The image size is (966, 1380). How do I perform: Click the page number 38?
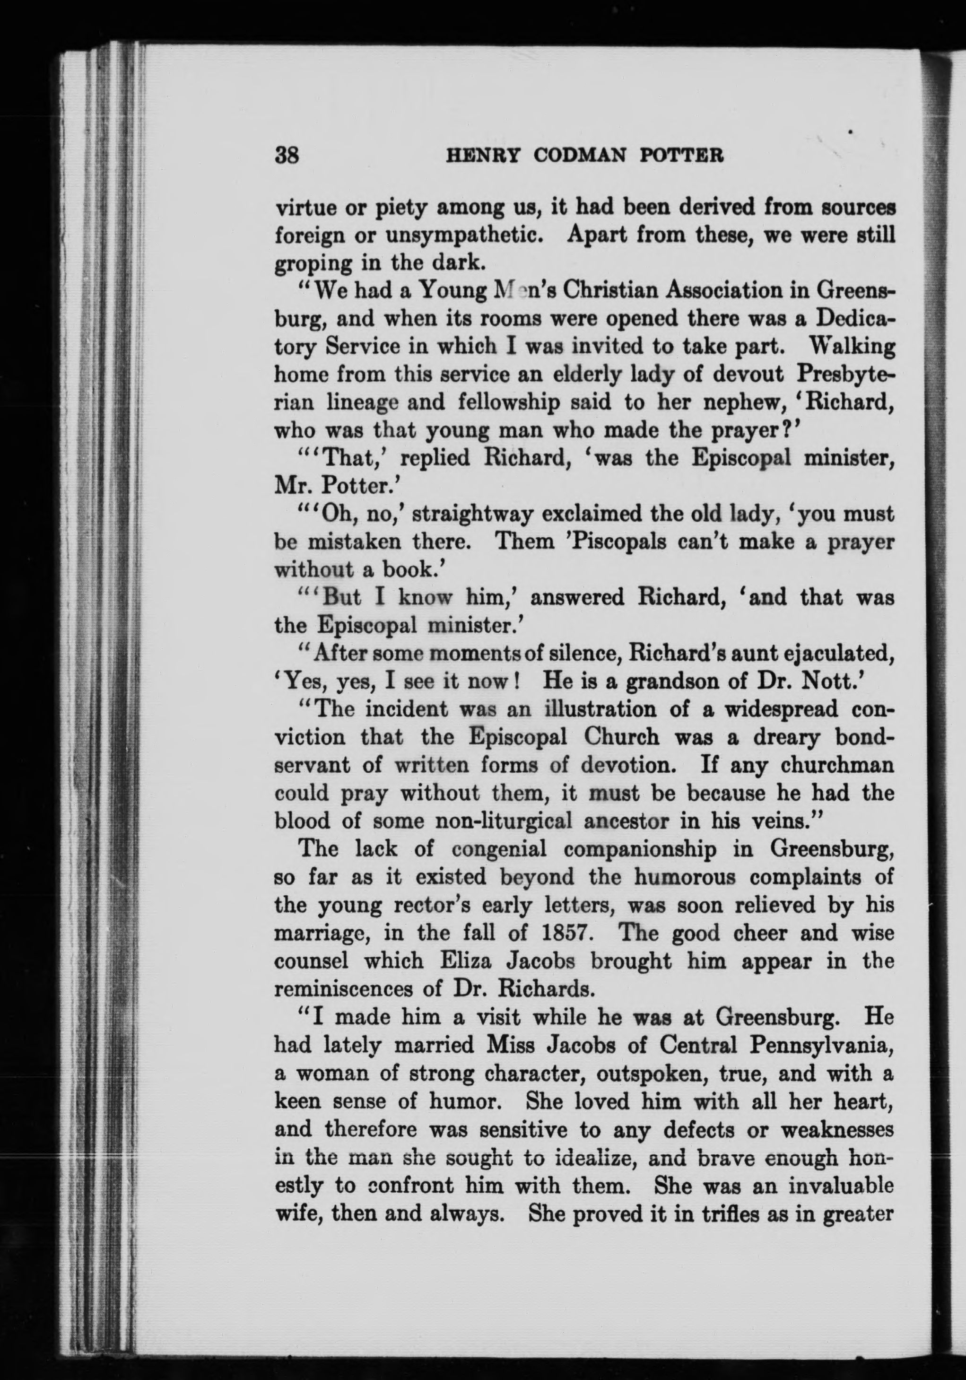[x=287, y=156]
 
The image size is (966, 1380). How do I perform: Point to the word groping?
[x=313, y=263]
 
